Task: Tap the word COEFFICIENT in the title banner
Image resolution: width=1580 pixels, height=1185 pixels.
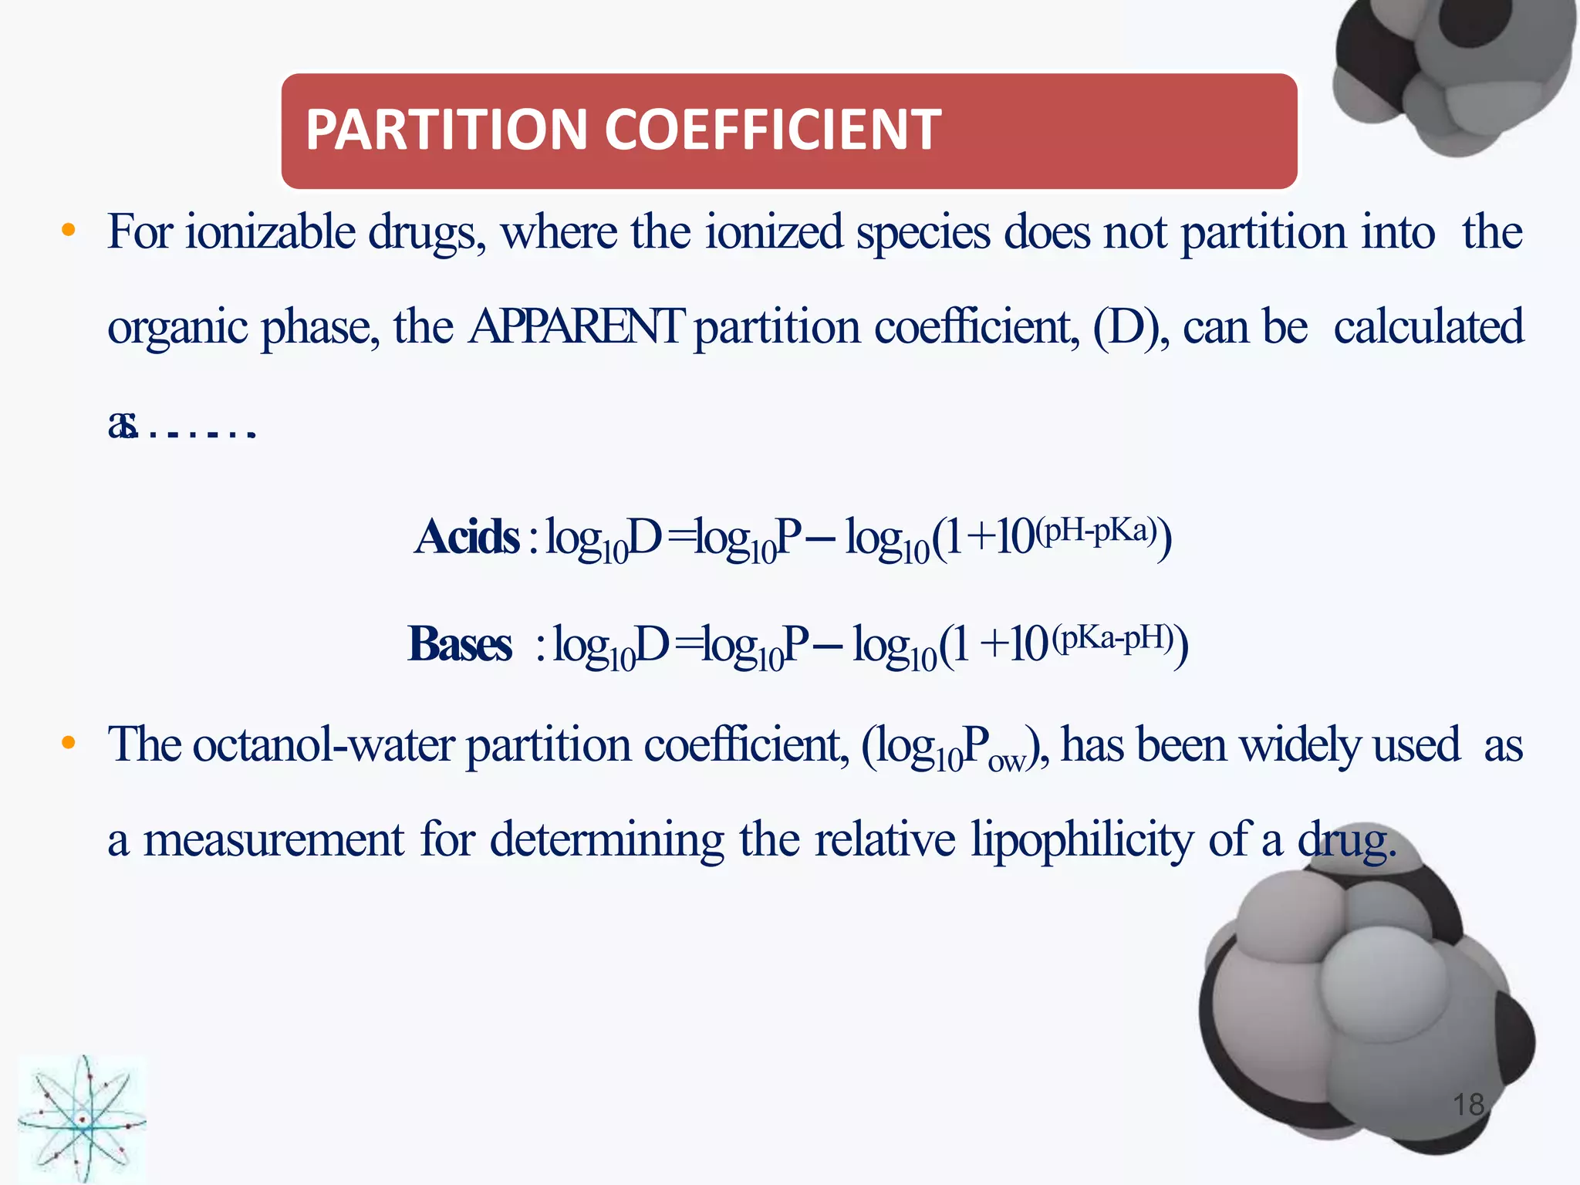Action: pos(772,129)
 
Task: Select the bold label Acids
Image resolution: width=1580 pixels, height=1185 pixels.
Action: pos(467,537)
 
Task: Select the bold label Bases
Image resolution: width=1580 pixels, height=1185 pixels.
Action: pos(460,644)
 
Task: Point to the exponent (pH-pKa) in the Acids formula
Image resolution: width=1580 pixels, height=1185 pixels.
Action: pos(1096,530)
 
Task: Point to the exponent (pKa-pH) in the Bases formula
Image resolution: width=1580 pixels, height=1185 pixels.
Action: pos(1113,638)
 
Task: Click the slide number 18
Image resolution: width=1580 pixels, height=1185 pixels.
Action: pos(1468,1105)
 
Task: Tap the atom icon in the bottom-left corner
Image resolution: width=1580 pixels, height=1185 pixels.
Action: pos(82,1119)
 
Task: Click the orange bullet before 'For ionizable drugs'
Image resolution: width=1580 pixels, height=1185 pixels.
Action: pos(69,230)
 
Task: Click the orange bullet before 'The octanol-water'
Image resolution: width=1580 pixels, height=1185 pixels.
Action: pos(69,743)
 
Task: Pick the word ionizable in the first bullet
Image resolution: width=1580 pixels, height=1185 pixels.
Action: pos(270,232)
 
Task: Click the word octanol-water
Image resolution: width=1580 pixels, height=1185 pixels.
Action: pos(323,745)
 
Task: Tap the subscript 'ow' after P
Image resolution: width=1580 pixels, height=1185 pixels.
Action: pos(1006,762)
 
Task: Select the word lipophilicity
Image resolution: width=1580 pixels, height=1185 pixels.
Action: pos(1082,840)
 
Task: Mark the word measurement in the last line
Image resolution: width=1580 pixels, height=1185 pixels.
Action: pos(274,840)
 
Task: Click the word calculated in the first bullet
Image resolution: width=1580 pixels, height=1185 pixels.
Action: pos(1428,327)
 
